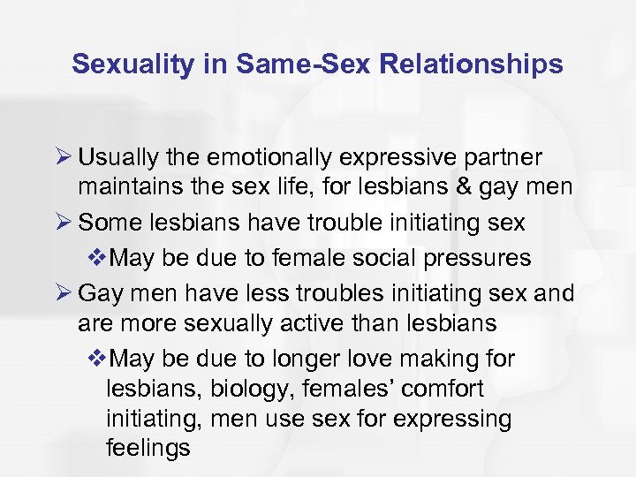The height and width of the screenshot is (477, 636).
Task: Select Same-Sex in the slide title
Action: [x=288, y=64]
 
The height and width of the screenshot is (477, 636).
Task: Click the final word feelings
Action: [x=148, y=448]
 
